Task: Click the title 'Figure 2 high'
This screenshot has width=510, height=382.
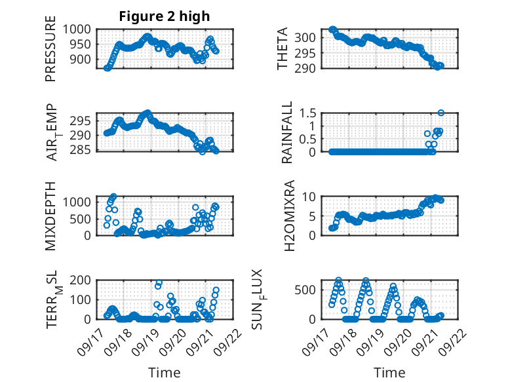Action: [x=165, y=16]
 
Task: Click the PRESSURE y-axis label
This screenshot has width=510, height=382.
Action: [x=50, y=51]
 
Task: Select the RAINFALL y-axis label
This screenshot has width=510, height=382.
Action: [x=287, y=133]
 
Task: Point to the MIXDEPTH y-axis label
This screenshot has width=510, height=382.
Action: [x=50, y=216]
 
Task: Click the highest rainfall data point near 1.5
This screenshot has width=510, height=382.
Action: [x=441, y=113]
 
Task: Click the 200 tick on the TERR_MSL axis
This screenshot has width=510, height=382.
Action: [x=83, y=280]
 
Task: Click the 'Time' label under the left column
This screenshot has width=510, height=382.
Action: [x=165, y=373]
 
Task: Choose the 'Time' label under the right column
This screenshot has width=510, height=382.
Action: [x=389, y=373]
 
